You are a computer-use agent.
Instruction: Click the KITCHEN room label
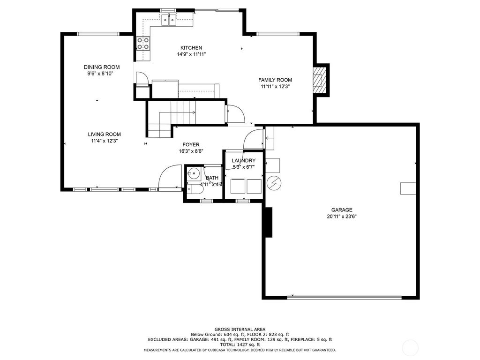click(191, 48)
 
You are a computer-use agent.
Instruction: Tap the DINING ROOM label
click(102, 67)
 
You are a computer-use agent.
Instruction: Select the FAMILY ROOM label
click(275, 80)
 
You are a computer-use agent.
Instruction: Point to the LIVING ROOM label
click(104, 134)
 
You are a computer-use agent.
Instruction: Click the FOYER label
click(191, 144)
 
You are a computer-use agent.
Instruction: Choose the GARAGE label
click(342, 210)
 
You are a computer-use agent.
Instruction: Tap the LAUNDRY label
click(243, 160)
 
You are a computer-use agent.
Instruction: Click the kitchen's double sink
click(169, 20)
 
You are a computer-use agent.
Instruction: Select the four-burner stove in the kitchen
click(142, 43)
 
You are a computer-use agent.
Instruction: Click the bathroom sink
click(193, 173)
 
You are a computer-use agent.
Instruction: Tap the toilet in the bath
click(195, 189)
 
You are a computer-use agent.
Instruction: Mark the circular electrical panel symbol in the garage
click(274, 183)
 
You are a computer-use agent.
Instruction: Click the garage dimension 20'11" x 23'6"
click(342, 217)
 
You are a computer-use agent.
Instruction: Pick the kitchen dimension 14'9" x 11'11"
click(191, 54)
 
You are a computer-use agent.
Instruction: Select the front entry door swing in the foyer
click(169, 177)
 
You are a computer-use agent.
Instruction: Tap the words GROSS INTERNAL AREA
click(240, 330)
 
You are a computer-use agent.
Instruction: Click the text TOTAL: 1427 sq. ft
click(240, 345)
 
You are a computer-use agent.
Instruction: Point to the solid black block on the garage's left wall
click(268, 222)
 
